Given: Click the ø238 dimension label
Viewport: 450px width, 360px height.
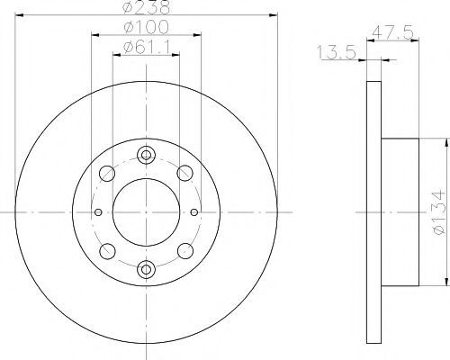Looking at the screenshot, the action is click(x=147, y=7).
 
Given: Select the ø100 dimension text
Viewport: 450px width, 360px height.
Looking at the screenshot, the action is click(x=147, y=27).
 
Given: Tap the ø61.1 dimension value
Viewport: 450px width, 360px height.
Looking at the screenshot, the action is click(x=147, y=47).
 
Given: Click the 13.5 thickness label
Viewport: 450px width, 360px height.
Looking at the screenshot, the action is click(x=337, y=52).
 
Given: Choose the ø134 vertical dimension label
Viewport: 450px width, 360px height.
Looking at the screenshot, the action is click(x=439, y=212).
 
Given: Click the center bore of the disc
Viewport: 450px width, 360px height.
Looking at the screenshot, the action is click(x=146, y=212).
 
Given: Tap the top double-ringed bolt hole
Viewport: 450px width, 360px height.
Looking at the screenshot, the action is click(x=146, y=155).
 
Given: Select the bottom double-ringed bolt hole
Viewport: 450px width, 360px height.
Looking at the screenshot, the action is click(x=146, y=269).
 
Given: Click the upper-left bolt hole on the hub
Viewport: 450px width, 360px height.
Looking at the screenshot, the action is click(x=107, y=173).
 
